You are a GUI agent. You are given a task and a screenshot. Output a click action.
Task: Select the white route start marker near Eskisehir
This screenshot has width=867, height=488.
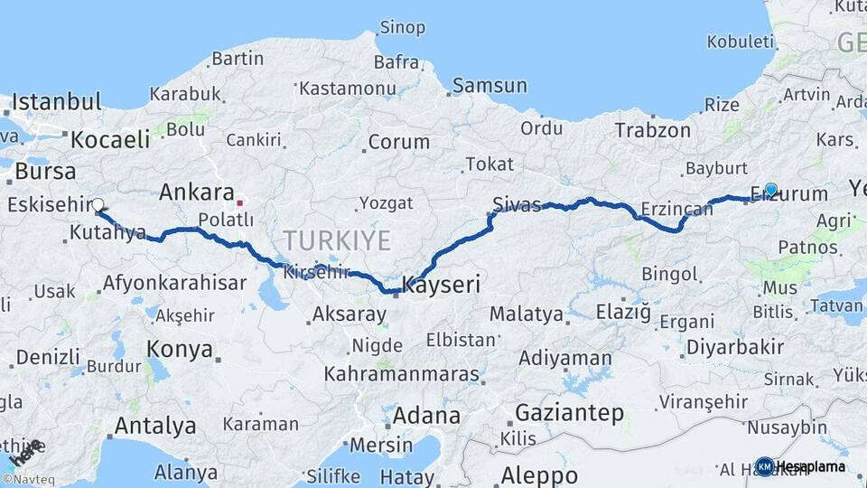[98, 205]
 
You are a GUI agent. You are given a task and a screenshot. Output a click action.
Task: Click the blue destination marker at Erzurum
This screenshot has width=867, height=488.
[770, 190]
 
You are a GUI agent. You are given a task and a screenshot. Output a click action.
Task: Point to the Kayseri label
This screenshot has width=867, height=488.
[440, 286]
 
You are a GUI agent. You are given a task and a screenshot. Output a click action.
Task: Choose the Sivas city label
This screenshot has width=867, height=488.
[517, 202]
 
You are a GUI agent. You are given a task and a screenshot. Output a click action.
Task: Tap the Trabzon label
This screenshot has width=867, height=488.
[652, 130]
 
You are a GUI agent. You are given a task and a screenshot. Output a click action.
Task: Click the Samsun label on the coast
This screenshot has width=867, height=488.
[489, 86]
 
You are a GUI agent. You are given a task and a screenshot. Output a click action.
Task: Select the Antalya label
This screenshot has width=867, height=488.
[155, 425]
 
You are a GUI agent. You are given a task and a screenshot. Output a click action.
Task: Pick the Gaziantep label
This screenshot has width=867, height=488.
[569, 413]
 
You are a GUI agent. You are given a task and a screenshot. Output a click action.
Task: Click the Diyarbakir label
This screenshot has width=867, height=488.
[734, 347]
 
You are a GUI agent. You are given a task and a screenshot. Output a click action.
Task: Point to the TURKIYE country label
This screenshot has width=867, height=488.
[336, 240]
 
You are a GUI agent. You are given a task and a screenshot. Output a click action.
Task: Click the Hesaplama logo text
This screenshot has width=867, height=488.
[811, 466]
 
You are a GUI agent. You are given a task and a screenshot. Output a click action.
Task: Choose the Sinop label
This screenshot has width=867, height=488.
[402, 27]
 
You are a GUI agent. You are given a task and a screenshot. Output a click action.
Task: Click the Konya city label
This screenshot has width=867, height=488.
[180, 349]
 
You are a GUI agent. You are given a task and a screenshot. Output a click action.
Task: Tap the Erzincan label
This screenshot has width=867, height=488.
[676, 210]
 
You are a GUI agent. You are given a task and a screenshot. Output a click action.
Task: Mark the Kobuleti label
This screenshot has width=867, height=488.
[741, 42]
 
